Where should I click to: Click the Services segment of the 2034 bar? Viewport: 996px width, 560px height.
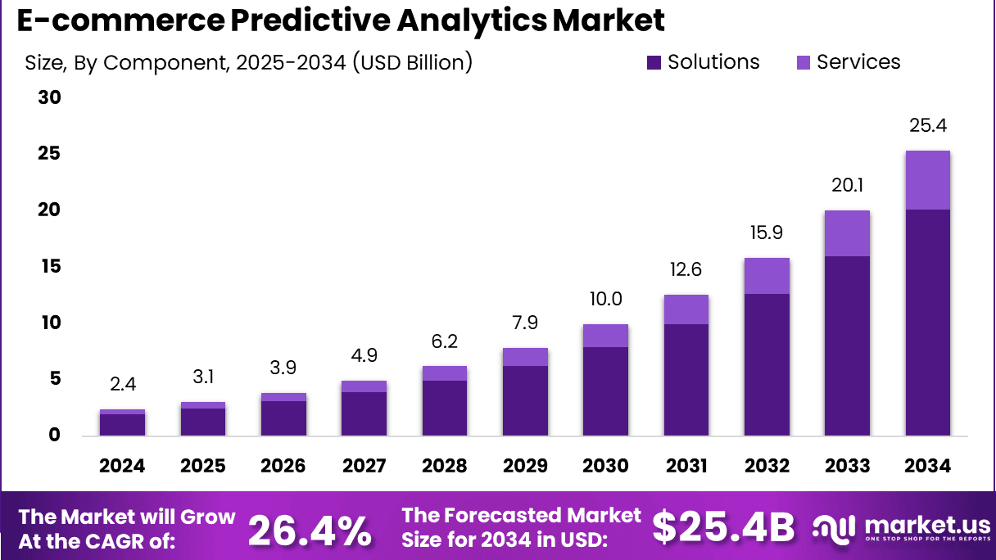927,180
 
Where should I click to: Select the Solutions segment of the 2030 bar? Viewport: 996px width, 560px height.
605,391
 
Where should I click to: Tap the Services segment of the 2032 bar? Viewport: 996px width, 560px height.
767,276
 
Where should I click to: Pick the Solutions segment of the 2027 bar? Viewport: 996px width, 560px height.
364,413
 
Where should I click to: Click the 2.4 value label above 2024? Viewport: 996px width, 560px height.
122,383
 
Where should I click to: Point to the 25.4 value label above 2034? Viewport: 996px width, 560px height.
927,126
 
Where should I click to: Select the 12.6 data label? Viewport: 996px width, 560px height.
686,269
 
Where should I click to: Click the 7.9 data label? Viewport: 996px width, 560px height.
525,323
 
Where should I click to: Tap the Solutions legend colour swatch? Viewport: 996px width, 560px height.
654,62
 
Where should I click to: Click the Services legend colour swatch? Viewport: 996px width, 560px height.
803,62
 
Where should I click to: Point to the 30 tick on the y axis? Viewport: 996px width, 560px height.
49,97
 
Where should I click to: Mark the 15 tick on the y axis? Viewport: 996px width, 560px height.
49,266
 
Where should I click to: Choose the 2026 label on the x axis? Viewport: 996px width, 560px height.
283,466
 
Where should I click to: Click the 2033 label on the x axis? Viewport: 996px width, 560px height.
847,466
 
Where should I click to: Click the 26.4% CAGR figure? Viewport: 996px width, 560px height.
309,530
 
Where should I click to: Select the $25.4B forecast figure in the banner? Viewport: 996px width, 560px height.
723,529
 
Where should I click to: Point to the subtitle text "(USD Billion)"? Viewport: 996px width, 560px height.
413,62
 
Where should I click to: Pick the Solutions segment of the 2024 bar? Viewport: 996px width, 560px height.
122,425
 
